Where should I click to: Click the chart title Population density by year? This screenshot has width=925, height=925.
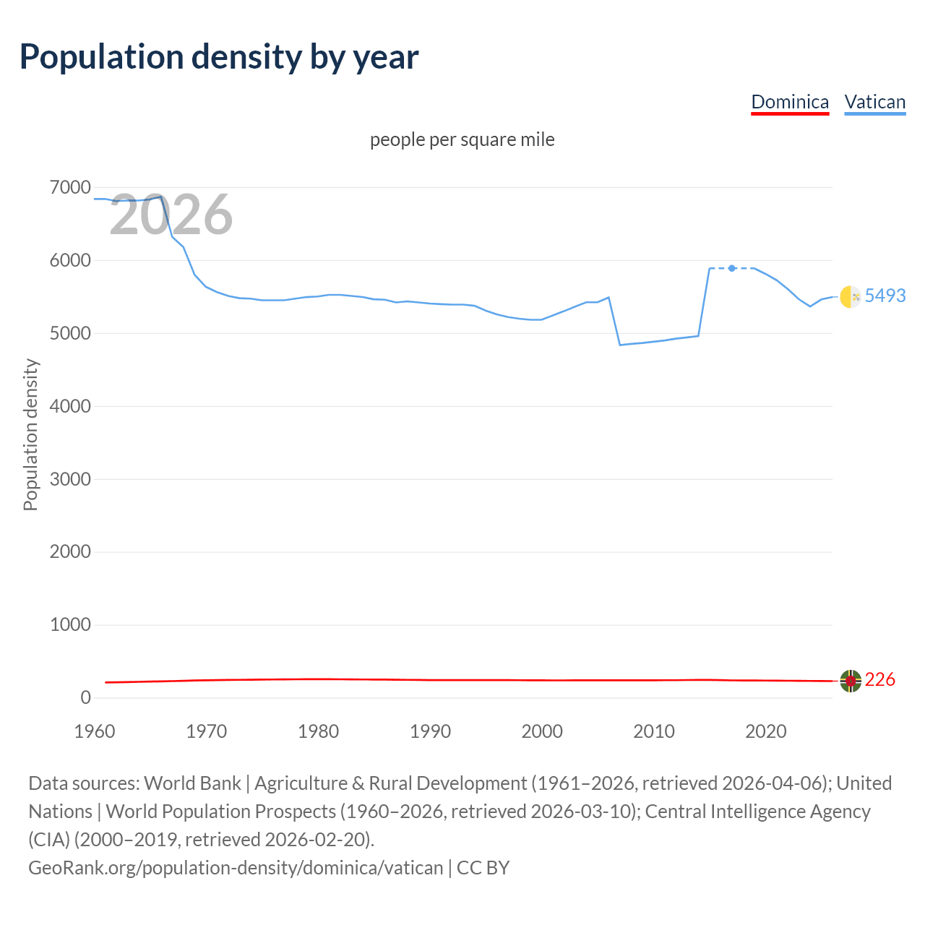[x=219, y=57]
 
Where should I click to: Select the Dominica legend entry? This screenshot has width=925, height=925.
[x=790, y=102]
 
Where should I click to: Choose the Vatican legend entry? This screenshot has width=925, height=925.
[x=874, y=102]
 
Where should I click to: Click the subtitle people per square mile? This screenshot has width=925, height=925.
[x=462, y=139]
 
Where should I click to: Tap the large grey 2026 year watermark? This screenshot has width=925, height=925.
[x=171, y=215]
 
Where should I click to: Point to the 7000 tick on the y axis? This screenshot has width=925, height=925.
[x=70, y=188]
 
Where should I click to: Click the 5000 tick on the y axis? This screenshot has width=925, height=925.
[x=70, y=334]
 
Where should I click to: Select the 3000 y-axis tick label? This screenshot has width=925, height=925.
[x=70, y=479]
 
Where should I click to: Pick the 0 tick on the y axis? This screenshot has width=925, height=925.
[x=85, y=697]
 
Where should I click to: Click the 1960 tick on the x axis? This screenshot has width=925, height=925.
[x=95, y=731]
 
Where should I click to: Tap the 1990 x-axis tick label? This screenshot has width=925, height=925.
[x=430, y=731]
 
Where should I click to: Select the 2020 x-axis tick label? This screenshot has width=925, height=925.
[x=765, y=731]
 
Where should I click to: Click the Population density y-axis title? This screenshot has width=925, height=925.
[x=30, y=435]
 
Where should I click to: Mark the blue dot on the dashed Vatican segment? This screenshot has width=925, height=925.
[x=732, y=268]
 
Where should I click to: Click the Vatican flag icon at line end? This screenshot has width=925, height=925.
[x=851, y=296]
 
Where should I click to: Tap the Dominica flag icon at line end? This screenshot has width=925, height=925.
[x=851, y=680]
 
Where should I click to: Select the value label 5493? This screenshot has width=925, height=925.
[x=885, y=296]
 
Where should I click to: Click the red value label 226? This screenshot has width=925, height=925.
[x=879, y=680]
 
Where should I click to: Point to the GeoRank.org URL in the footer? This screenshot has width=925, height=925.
[x=236, y=867]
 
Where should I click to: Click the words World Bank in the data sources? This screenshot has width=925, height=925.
[x=192, y=783]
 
